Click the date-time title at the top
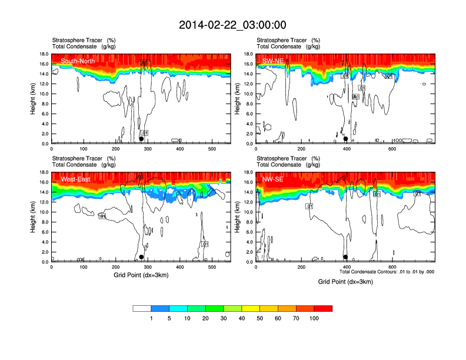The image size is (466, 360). (232, 25)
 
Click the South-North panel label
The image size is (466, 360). (78, 61)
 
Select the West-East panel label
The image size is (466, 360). (76, 179)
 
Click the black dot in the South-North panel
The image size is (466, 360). (141, 139)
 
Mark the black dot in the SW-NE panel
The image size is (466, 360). (346, 139)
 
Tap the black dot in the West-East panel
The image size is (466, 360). (141, 257)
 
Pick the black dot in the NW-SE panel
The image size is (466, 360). (345, 257)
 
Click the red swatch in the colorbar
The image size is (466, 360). (323, 308)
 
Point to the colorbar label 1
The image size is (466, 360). (151, 318)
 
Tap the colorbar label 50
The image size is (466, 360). (259, 318)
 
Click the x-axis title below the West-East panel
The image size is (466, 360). (141, 276)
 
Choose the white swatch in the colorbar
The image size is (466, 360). (142, 308)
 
